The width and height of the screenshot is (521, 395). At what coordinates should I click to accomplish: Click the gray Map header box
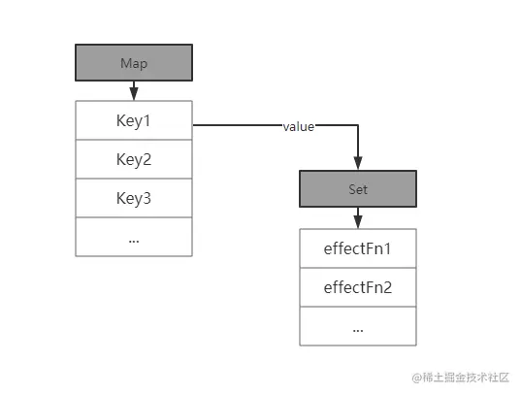133,63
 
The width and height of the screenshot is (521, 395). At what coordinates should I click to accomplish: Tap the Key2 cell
133,159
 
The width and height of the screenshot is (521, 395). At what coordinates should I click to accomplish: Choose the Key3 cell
133,198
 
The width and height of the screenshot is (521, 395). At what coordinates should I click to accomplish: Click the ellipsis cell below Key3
133,237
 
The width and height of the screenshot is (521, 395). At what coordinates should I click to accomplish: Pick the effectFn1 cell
358,247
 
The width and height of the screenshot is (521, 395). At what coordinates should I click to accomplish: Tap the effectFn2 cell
358,287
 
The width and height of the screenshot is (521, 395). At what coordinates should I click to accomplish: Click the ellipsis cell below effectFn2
358,326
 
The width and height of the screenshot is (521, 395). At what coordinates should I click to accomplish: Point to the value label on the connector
298,127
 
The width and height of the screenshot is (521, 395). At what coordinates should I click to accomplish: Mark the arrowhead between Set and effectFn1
358,221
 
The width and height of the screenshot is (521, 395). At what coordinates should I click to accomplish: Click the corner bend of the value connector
358,126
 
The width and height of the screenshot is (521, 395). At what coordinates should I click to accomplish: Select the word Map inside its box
133,63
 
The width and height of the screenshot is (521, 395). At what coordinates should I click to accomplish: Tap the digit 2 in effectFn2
388,287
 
